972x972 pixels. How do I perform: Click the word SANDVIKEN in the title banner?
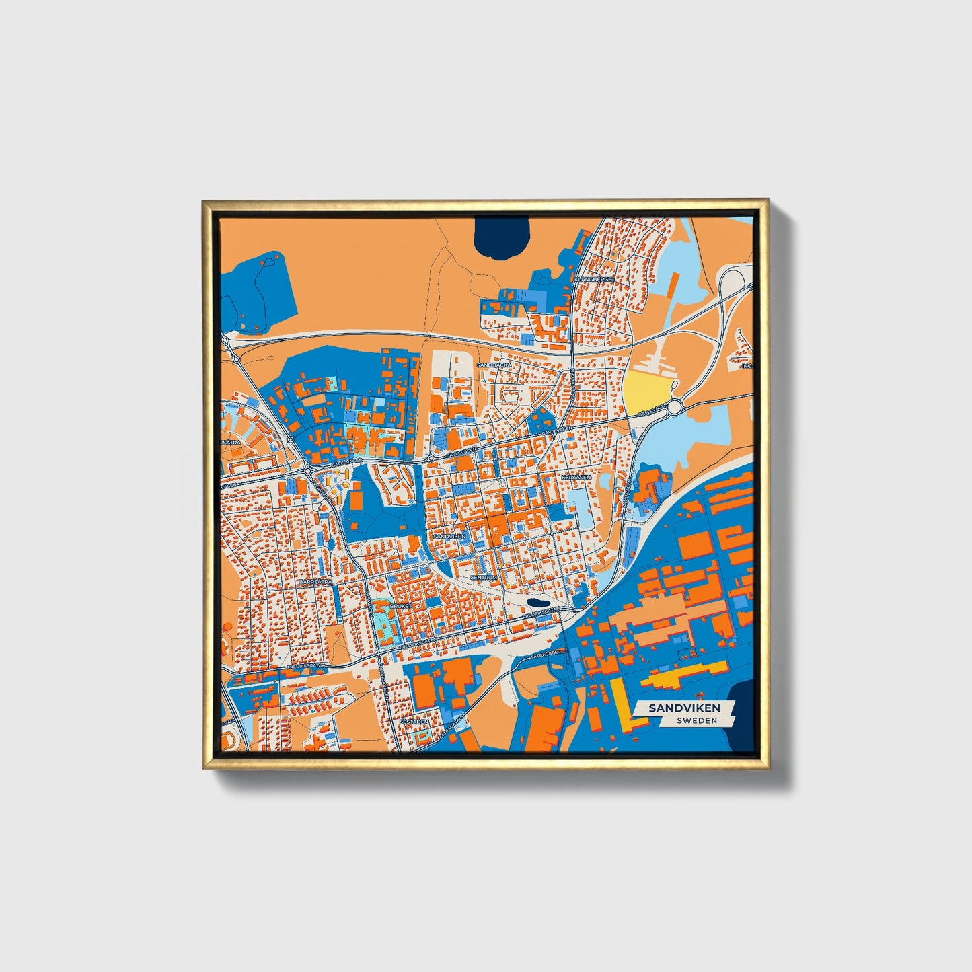[684, 708]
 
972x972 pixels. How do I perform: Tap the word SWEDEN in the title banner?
[696, 720]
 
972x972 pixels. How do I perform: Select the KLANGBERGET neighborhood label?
[593, 278]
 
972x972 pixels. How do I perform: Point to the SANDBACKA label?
[494, 364]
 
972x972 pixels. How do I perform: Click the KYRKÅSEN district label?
[576, 477]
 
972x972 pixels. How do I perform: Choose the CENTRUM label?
[484, 577]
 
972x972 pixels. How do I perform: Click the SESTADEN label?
[414, 721]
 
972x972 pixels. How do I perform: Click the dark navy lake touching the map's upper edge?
[501, 238]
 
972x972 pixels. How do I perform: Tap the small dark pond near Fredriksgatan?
[537, 603]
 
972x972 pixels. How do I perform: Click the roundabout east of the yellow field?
[675, 407]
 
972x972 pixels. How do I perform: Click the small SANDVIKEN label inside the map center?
[449, 536]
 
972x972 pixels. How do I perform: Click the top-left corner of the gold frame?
[204, 201]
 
